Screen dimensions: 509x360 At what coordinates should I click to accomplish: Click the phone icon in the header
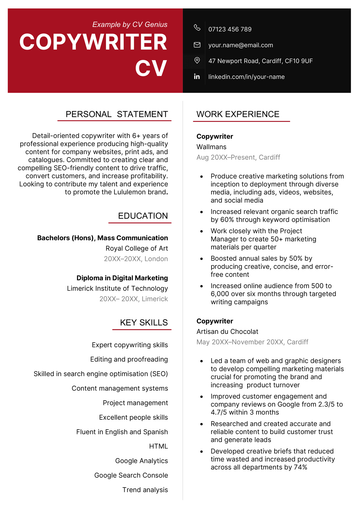coord(196,29)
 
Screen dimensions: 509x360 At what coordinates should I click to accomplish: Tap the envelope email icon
coord(196,45)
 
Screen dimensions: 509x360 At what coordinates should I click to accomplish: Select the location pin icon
coord(196,60)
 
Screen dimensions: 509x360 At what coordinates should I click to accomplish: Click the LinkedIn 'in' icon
coord(196,76)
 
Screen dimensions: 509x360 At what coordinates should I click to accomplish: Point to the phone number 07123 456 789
coord(230,29)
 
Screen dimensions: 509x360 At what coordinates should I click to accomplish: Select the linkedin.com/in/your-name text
coord(246,76)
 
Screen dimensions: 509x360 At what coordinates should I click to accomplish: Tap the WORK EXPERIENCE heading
coord(237,114)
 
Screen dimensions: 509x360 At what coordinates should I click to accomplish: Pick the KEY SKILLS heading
coord(144,322)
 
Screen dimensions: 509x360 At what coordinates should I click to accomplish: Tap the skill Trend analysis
coord(145,489)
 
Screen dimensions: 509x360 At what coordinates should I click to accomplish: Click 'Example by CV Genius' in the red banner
coord(129,23)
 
